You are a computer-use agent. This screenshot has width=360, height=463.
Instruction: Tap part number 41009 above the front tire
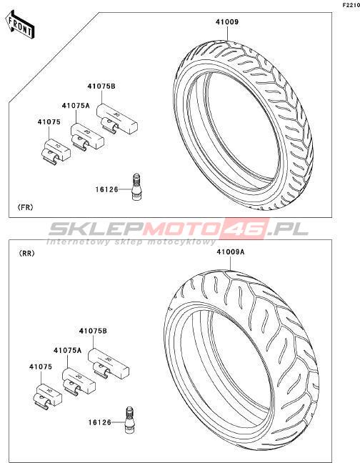tap(227, 22)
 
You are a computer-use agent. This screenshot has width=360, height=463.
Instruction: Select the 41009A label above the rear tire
tap(231, 252)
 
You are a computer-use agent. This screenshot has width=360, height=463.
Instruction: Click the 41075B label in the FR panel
tap(101, 86)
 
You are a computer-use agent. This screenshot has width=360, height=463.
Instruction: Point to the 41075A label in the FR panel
tap(76, 106)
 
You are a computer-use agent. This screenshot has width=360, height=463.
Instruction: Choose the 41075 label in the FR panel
tap(49, 122)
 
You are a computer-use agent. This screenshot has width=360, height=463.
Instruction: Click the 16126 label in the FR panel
tap(107, 189)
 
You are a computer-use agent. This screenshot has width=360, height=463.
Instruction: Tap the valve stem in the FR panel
tap(136, 187)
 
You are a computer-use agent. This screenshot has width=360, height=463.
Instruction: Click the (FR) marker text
tap(26, 207)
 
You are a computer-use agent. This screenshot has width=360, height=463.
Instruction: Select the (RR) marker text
tap(26, 254)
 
